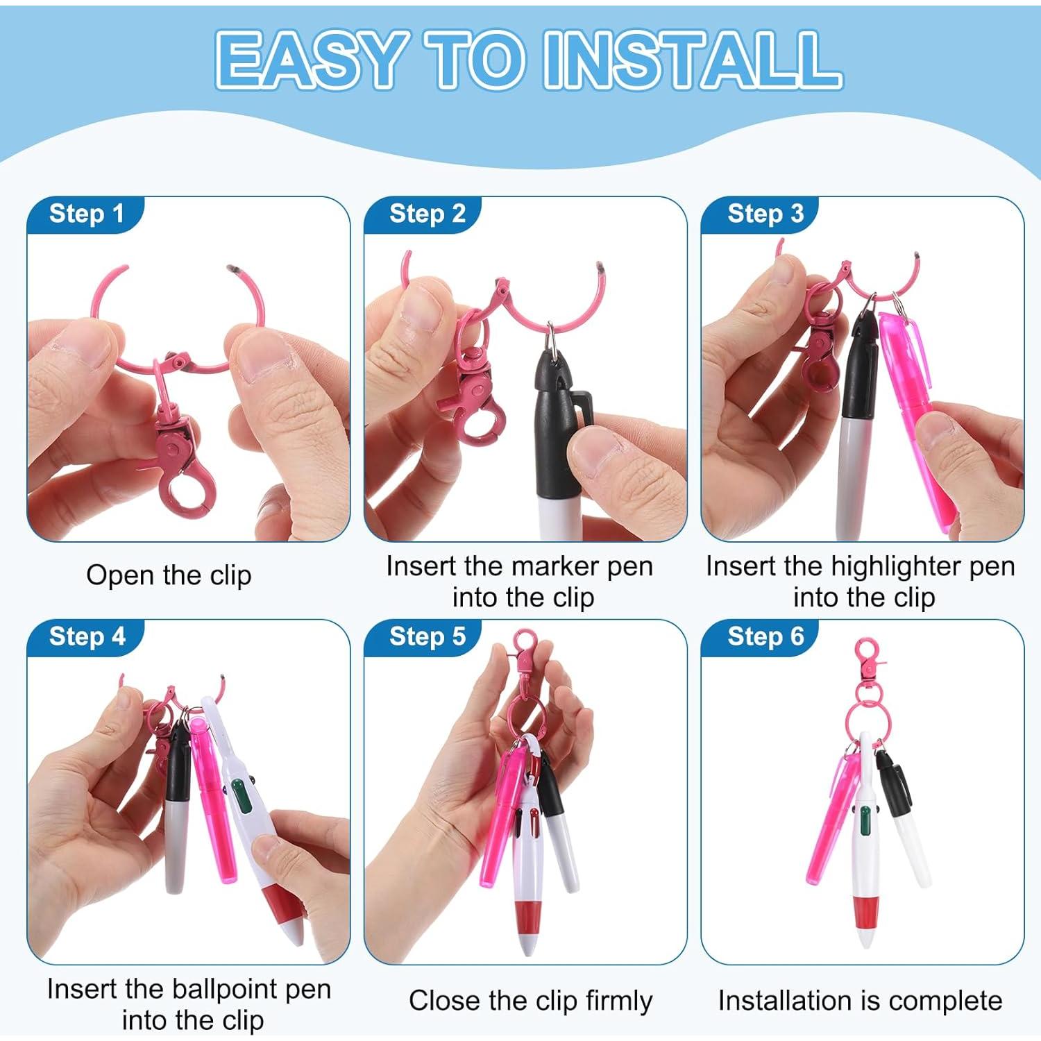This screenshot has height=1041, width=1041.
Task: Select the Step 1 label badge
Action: point(86,214)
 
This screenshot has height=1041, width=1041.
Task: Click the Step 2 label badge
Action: point(427,214)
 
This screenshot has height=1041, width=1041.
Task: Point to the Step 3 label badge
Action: point(765,214)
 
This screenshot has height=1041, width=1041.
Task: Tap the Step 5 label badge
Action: point(427,636)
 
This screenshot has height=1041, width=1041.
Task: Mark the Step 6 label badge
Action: point(765,636)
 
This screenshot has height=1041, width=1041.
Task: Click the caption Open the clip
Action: point(169,575)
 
